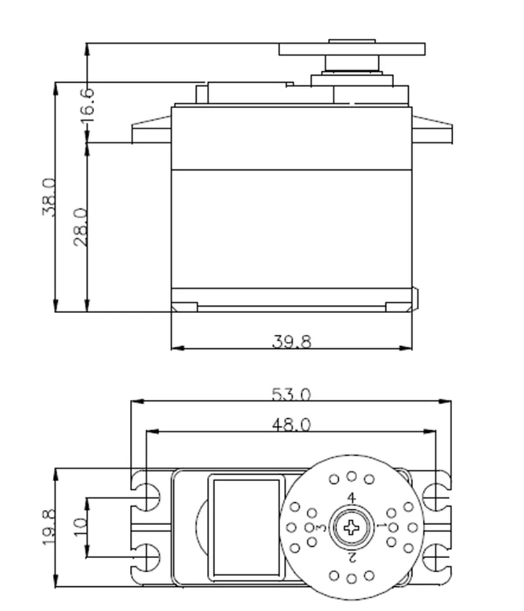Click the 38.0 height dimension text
tap(50, 197)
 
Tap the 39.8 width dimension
tap(292, 342)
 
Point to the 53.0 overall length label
tap(292, 395)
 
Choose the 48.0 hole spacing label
tap(292, 425)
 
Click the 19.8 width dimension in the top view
tap(49, 528)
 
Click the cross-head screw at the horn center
tap(351, 527)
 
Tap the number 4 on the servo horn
tap(351, 498)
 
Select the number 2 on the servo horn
tap(351, 556)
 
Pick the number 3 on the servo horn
tap(322, 528)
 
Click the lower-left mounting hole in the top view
tap(148, 558)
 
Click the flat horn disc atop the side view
tap(351, 50)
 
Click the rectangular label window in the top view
tap(246, 527)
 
